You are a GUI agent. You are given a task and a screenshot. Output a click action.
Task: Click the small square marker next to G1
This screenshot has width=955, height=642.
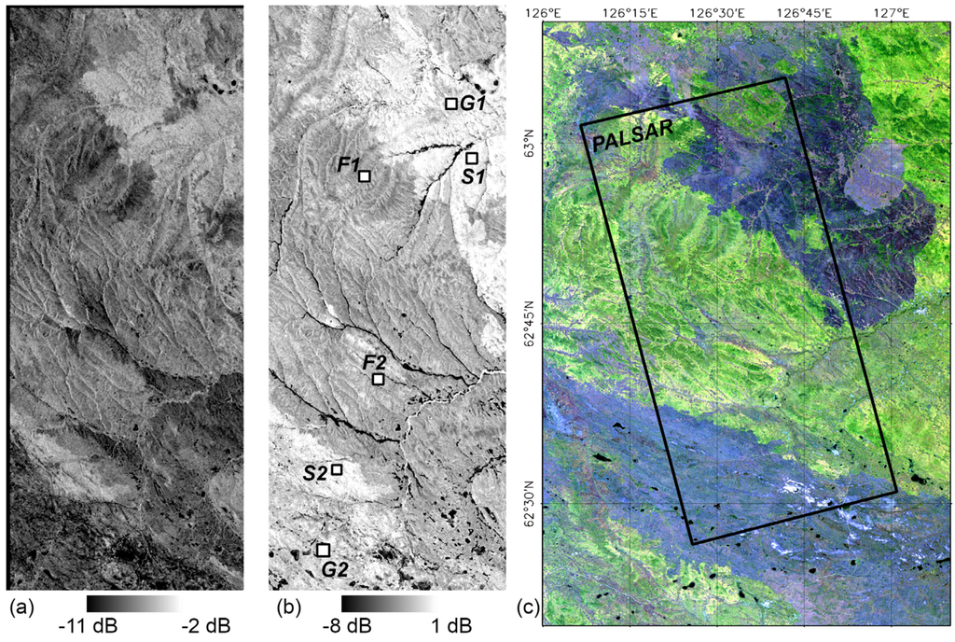coord(450,104)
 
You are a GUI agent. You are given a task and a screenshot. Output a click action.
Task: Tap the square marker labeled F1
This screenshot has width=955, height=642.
coord(365,175)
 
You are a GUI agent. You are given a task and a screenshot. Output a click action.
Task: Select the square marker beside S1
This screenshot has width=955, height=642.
coord(472,158)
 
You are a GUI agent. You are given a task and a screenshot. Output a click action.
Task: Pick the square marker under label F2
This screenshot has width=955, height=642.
coord(378,379)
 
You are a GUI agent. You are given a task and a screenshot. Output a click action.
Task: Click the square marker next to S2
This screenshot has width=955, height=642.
coord(337,470)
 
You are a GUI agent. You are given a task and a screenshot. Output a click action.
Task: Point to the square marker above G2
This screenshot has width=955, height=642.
coord(323,550)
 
